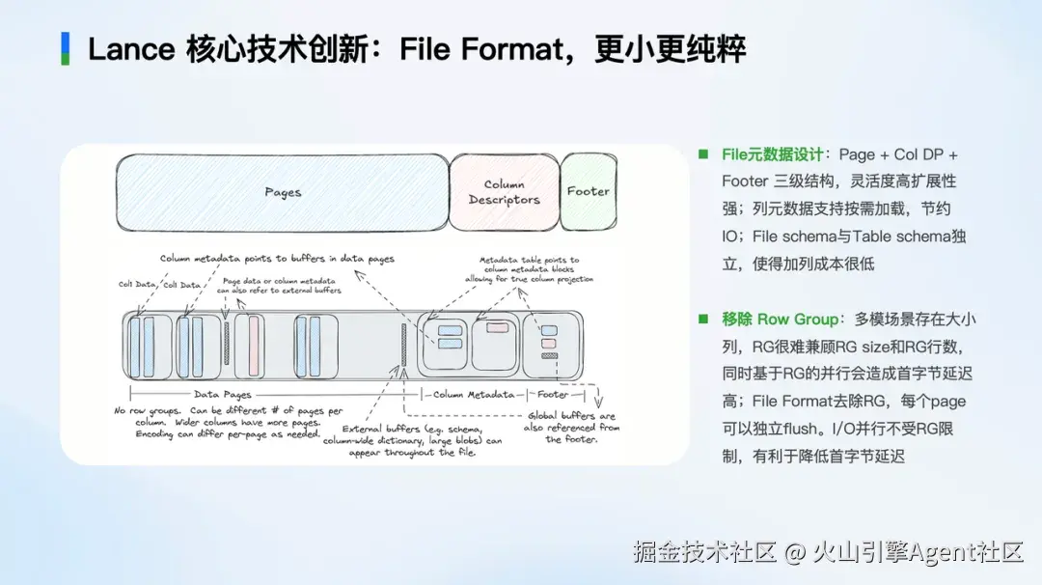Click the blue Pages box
283,193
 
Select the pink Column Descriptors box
504,193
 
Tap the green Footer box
589,191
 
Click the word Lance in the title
131,50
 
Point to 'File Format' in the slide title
481,50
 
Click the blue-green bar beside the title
66,48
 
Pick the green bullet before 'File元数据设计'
703,154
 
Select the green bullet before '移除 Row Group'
703,320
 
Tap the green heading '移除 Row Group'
781,320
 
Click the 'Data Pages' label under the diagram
223,394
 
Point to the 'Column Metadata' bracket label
473,394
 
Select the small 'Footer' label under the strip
553,394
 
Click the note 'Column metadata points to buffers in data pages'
277,259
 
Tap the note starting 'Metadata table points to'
529,269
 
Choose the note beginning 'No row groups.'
228,422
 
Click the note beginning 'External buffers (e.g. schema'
413,441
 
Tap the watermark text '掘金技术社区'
705,552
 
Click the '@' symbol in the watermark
795,552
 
